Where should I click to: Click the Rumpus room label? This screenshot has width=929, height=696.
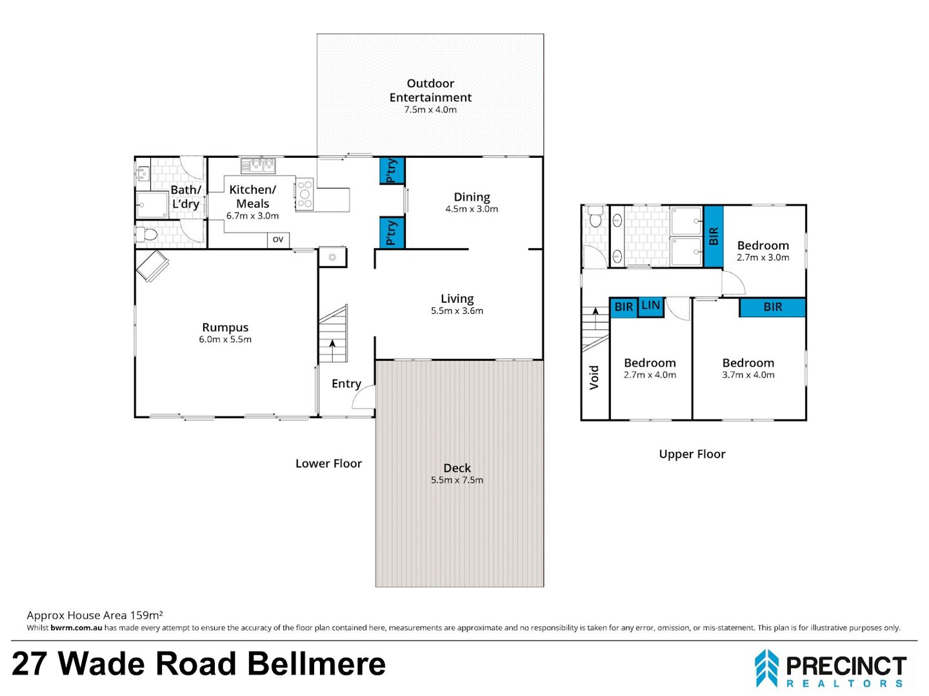[x=225, y=327]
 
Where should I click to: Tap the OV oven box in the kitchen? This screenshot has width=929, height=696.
[x=278, y=240]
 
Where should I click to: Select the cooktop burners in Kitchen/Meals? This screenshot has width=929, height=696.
[x=305, y=195]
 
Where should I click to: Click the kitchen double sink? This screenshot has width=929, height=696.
[x=258, y=166]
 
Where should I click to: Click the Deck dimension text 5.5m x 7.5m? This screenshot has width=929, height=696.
[x=457, y=480]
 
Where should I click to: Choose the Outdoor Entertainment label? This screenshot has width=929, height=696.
[x=430, y=90]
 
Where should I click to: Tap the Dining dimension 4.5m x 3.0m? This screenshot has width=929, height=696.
[x=472, y=209]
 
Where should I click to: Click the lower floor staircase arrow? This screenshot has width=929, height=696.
[x=332, y=350]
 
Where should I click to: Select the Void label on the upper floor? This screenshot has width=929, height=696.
[x=594, y=378]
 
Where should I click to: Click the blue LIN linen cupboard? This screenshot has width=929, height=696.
[x=650, y=307]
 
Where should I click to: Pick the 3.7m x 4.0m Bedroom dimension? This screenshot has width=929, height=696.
[x=748, y=375]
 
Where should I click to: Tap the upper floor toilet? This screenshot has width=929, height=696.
[x=595, y=217]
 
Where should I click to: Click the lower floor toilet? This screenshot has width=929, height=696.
[x=146, y=234]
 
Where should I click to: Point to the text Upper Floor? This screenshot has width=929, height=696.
[x=692, y=454]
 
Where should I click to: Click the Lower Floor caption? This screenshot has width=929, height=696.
[x=328, y=463]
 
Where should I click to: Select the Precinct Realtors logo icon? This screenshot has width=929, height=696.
[x=766, y=668]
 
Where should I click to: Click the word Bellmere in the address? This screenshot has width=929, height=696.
[x=317, y=664]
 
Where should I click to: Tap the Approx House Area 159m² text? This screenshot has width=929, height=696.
[x=95, y=615]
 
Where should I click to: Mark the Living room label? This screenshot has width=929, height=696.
[x=457, y=299]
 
